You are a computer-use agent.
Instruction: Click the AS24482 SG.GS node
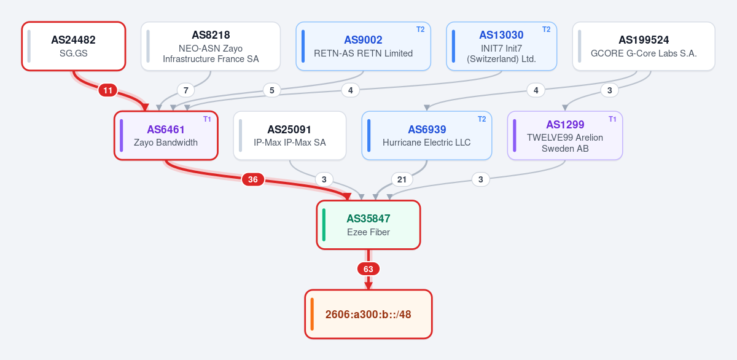click(74, 46)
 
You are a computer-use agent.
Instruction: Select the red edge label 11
click(107, 90)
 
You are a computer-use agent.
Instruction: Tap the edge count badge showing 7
click(186, 90)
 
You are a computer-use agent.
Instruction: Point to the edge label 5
click(271, 90)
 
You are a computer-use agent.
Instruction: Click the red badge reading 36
click(252, 179)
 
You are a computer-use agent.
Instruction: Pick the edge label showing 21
click(402, 179)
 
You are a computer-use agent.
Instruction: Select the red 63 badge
click(368, 269)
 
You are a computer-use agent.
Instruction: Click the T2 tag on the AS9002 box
click(421, 29)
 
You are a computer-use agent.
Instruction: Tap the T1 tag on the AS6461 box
click(207, 119)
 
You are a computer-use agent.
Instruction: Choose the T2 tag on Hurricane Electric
click(482, 119)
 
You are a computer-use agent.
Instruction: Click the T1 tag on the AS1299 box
click(612, 119)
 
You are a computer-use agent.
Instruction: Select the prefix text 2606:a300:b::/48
click(368, 315)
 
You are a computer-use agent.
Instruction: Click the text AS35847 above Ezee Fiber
click(368, 219)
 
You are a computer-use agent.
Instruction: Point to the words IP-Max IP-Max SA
click(289, 143)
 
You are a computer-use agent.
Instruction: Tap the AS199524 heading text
click(644, 40)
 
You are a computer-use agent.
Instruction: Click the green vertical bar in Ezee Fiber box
click(324, 225)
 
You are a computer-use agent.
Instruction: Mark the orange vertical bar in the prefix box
click(312, 314)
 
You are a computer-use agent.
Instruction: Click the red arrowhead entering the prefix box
click(368, 286)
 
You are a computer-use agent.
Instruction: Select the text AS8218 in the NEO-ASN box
click(211, 35)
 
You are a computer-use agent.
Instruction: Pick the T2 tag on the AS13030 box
click(546, 29)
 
